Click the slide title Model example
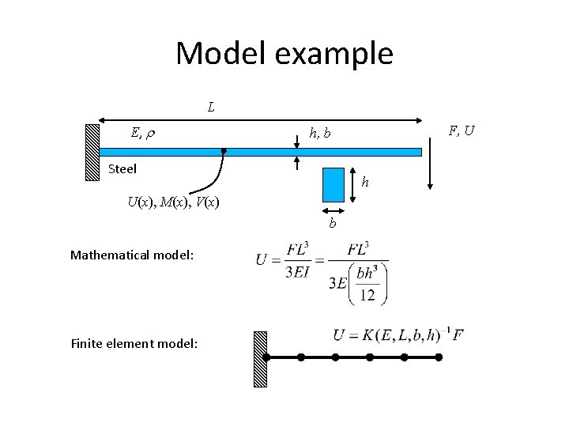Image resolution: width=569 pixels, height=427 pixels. [x=284, y=54]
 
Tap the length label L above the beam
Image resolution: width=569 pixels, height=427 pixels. [x=211, y=106]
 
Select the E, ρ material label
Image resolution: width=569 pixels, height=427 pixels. [x=142, y=132]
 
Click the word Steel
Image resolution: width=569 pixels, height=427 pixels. [x=122, y=168]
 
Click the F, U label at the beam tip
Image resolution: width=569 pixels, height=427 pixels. [x=461, y=130]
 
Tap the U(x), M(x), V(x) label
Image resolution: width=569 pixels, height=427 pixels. [x=173, y=202]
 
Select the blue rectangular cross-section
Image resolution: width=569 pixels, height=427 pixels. [x=333, y=184]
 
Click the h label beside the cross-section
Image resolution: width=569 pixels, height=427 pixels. [x=364, y=183]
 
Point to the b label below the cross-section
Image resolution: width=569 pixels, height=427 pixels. [x=333, y=224]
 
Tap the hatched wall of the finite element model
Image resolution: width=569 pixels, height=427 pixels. [x=259, y=358]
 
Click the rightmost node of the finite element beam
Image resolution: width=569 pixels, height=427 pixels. [x=439, y=357]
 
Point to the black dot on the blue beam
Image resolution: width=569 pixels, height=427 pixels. [x=224, y=150]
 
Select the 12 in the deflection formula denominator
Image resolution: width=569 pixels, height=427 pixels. [x=366, y=295]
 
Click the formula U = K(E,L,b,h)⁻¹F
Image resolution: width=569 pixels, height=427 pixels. [x=398, y=334]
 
